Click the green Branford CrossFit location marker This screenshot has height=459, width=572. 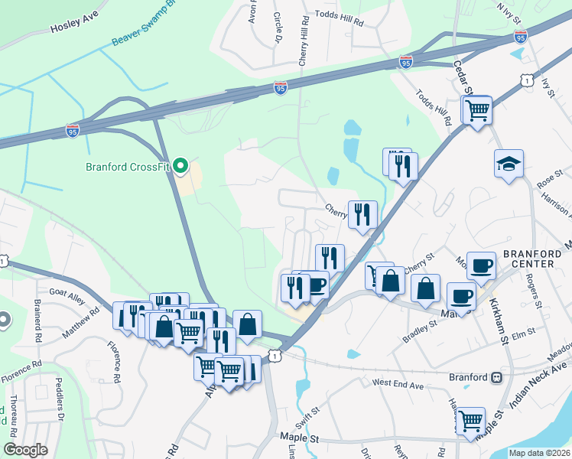180,165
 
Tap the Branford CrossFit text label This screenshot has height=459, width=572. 127,165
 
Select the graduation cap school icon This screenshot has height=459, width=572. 508,164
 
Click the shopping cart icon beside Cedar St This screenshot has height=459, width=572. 478,110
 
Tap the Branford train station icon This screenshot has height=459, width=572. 497,377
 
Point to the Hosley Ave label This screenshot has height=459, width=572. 75,26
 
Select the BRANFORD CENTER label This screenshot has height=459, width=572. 528,259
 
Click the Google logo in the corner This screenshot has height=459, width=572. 24,450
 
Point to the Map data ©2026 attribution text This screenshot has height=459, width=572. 538,453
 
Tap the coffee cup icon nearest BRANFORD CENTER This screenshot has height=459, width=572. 480,265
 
